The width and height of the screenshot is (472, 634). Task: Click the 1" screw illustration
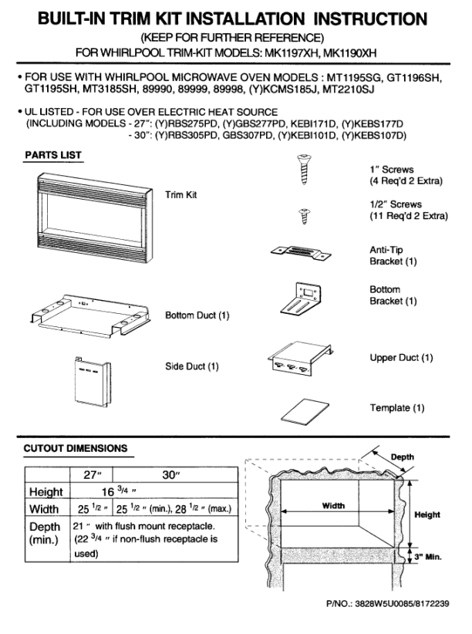point(304,169)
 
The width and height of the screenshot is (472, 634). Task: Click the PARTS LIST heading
point(53,155)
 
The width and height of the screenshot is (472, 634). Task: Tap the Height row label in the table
point(46,492)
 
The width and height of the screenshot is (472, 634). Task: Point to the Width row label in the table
point(44,509)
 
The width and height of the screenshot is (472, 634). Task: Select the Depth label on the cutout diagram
point(402,457)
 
